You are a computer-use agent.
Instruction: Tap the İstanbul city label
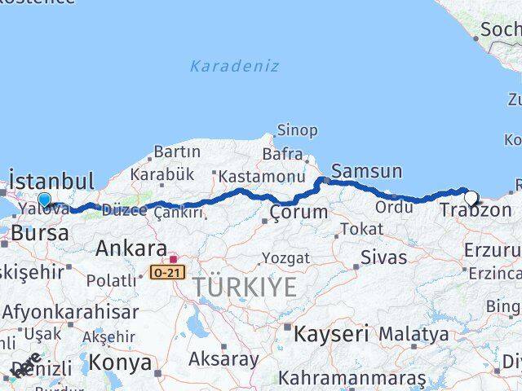[x=51, y=180]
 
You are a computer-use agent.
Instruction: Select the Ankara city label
[x=131, y=248]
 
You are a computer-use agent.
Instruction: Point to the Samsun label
[x=367, y=171]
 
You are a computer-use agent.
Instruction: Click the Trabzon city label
[x=476, y=211]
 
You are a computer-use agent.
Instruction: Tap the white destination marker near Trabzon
[x=471, y=197]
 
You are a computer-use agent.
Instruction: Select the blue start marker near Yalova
[x=44, y=200]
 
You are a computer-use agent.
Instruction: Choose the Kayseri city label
[x=330, y=333]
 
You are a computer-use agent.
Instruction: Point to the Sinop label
[x=297, y=130]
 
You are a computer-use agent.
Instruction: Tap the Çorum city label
[x=299, y=212]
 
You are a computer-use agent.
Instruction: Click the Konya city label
[x=120, y=362]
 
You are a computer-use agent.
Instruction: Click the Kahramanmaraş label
[x=352, y=378]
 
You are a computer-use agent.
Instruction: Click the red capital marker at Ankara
[x=173, y=259]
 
